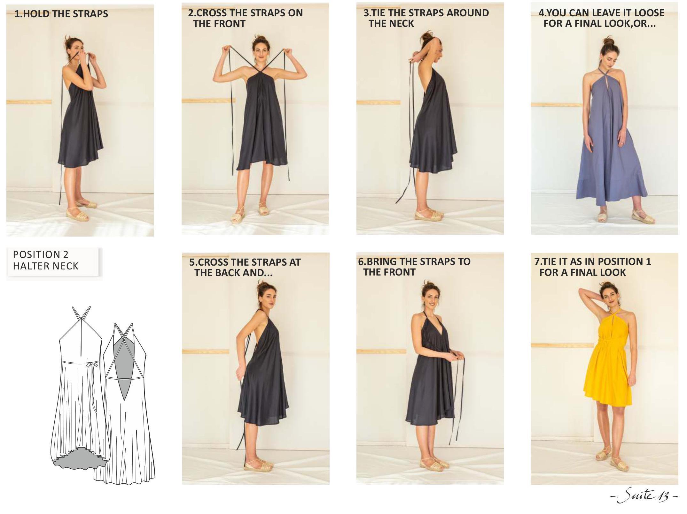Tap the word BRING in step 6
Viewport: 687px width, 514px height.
[382, 262]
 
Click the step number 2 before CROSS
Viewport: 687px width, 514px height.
[191, 13]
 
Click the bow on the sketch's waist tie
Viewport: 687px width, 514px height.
[94, 364]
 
